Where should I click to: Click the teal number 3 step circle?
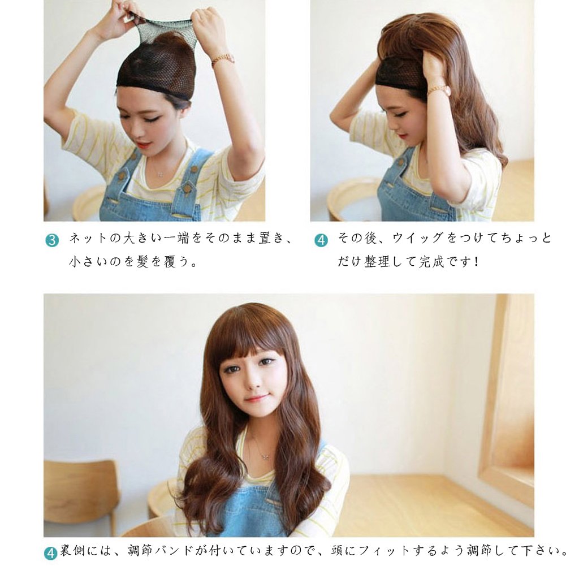(51, 240)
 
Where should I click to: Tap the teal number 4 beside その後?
(321, 240)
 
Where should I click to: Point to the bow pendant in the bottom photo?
(265, 456)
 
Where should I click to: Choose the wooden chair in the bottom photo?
(81, 495)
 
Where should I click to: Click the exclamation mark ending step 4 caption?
(477, 261)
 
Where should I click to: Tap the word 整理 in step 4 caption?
(377, 261)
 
